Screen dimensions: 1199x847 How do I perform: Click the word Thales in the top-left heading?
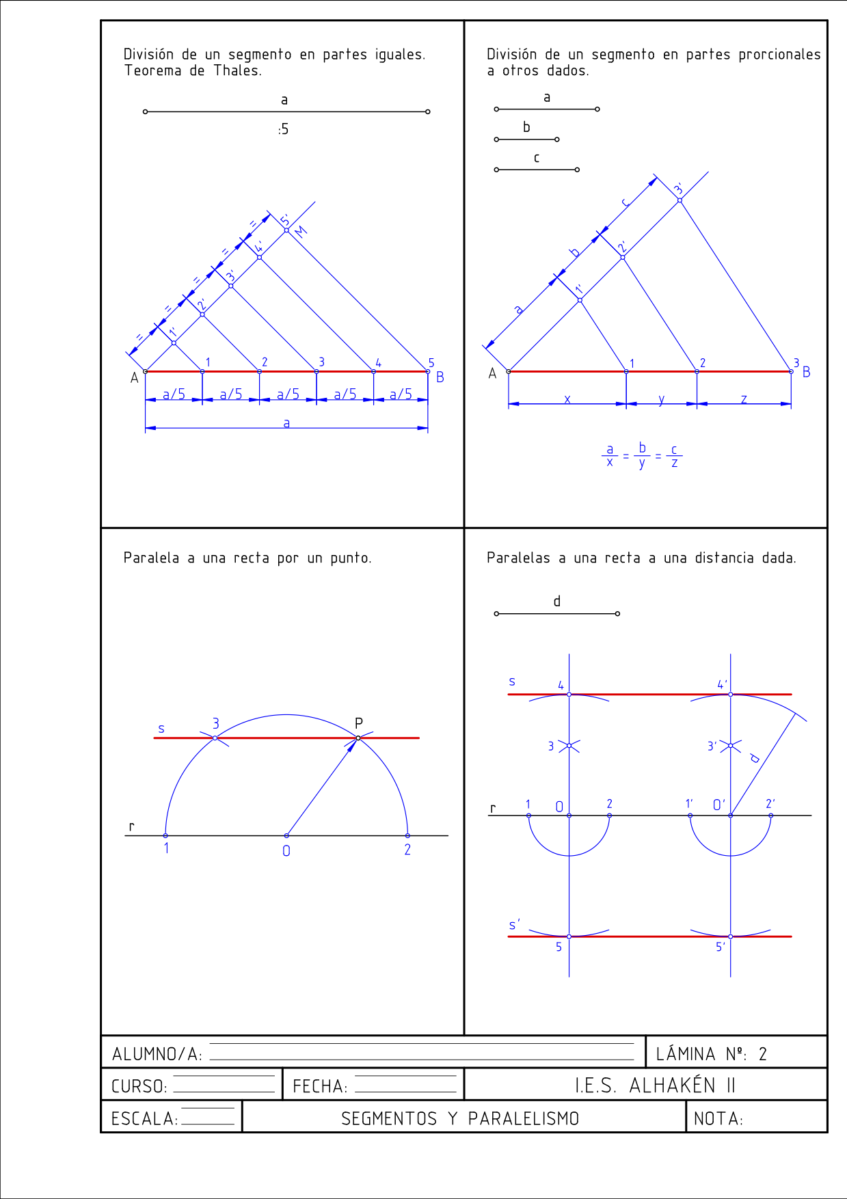(x=237, y=70)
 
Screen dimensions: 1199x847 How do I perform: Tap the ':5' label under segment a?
(x=283, y=129)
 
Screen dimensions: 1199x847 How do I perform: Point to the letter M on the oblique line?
(x=301, y=231)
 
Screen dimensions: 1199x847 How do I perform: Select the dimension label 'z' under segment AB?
(x=744, y=399)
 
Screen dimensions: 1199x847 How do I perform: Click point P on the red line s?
(x=358, y=738)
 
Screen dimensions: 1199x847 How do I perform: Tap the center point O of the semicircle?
(x=286, y=835)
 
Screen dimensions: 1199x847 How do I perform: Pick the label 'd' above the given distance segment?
(x=557, y=601)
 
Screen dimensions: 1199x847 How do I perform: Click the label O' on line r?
(x=718, y=805)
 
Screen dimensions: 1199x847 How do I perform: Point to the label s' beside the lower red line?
(x=514, y=925)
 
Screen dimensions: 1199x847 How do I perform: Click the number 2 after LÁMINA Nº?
(x=763, y=1054)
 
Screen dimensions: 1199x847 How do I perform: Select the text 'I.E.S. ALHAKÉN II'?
(x=655, y=1086)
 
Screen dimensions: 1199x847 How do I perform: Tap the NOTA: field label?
(x=718, y=1119)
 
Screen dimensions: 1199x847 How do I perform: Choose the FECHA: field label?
(x=320, y=1086)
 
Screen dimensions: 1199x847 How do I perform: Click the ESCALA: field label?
(x=144, y=1119)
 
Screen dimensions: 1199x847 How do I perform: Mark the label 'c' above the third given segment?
(x=537, y=158)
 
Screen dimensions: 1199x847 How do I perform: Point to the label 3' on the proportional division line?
(x=678, y=189)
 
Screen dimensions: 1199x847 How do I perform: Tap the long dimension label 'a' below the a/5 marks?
(x=286, y=423)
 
